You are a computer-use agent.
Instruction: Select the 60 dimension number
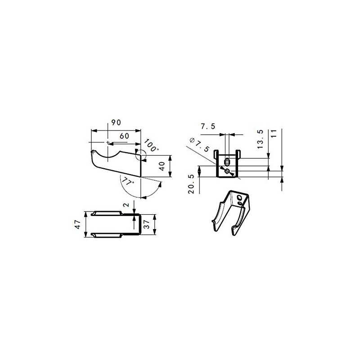(125, 135)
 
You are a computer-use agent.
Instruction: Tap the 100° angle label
(152, 146)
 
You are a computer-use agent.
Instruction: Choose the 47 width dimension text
(78, 224)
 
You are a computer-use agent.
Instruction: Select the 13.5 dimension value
(260, 139)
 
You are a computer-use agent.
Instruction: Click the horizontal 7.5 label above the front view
(208, 126)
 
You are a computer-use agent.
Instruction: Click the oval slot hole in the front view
(227, 162)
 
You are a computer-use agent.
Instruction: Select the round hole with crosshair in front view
(227, 171)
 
